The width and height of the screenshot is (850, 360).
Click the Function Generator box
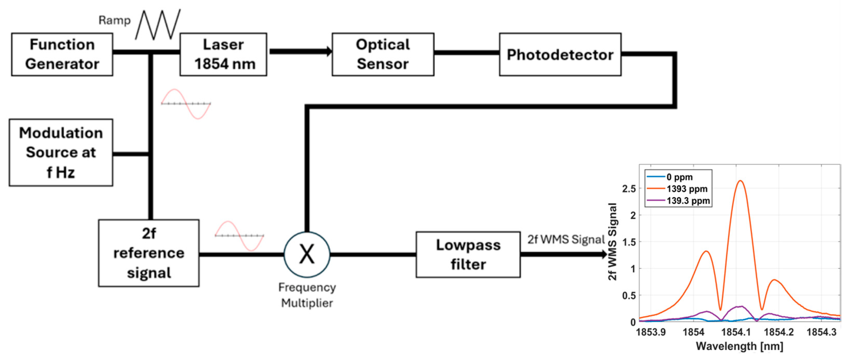click(62, 55)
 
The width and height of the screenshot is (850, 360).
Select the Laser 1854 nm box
click(223, 55)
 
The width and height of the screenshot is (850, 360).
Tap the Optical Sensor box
click(383, 55)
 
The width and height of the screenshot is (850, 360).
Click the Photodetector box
click(560, 55)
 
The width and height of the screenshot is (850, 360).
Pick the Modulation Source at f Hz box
click(61, 152)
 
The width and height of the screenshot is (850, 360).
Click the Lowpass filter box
click(468, 254)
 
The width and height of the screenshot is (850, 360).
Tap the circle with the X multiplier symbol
click(307, 254)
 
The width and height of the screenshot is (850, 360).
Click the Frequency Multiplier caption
click(307, 295)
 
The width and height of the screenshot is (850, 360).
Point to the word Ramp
click(115, 20)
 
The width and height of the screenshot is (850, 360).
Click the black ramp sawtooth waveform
click(158, 25)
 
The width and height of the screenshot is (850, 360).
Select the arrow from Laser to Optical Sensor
click(300, 51)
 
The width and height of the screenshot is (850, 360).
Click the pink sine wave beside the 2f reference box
click(239, 236)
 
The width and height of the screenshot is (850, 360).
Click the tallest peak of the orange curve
click(740, 181)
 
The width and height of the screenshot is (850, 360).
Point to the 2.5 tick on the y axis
click(629, 189)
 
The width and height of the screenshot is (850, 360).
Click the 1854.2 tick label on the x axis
click(778, 332)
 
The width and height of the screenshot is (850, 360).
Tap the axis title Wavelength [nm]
click(739, 346)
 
